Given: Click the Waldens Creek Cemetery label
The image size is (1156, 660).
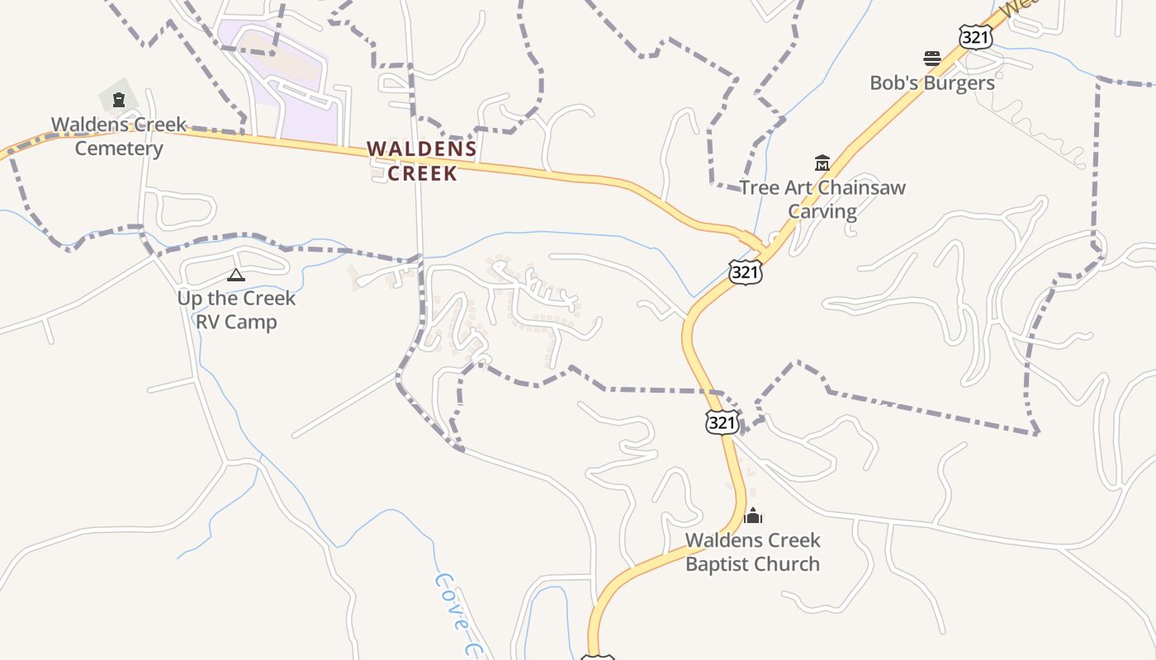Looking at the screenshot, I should click(118, 137).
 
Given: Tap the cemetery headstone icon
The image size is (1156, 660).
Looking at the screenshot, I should click(119, 101).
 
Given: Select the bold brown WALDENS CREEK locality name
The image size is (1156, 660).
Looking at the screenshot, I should click(422, 161).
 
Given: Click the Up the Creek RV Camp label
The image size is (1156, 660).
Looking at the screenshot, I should click(236, 310).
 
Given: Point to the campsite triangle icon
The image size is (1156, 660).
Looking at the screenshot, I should click(236, 275).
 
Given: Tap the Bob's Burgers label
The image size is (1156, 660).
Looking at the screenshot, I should click(932, 82).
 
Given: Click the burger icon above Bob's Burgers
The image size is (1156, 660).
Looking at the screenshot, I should click(932, 58).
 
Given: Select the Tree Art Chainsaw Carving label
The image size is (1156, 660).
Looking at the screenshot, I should click(822, 199).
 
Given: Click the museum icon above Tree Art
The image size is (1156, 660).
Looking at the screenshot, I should click(822, 163).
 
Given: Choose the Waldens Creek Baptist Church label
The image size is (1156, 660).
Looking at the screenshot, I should click(753, 552).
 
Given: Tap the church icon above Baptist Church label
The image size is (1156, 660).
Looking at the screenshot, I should click(753, 516).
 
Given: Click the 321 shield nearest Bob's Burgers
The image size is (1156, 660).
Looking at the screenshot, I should click(975, 36).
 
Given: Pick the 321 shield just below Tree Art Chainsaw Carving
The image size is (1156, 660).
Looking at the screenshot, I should click(746, 271).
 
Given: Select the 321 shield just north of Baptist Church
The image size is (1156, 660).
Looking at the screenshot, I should click(722, 422).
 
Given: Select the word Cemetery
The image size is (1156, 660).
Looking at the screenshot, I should click(119, 148).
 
